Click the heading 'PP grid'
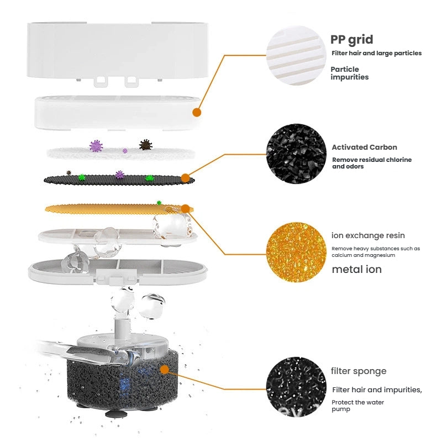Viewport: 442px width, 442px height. point(351,40)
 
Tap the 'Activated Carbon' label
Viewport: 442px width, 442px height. point(364,147)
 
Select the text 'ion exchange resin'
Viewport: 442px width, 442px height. point(368,235)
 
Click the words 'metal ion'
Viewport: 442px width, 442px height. point(356,269)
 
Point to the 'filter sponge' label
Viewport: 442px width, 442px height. point(359,371)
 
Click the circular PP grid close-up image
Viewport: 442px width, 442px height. point(296,56)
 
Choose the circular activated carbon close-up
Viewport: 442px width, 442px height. point(296,154)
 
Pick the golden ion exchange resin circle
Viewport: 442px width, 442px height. point(296,252)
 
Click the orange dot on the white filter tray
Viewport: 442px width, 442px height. point(197,113)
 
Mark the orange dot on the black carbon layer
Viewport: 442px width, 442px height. point(185,178)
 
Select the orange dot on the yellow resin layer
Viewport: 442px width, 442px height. point(185,209)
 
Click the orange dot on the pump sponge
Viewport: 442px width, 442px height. point(164,370)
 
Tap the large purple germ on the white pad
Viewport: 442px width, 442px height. point(96,146)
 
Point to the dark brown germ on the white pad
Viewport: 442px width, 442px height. point(145,145)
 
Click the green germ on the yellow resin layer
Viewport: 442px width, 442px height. point(159,203)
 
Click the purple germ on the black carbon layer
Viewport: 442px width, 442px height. point(120,175)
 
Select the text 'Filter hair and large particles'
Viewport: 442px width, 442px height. point(377,53)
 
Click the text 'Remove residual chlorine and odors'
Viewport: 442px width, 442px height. point(372,163)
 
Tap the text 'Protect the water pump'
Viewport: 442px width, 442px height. point(357,406)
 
